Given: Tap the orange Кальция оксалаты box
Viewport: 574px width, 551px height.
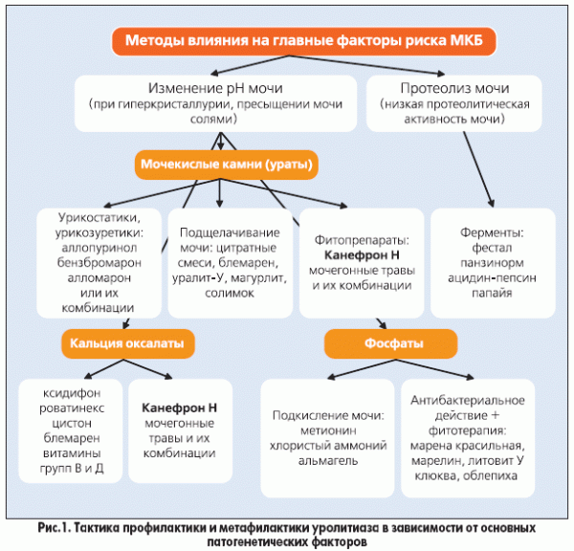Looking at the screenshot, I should click(125, 342).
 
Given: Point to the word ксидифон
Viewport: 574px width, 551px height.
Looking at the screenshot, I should click(66, 392).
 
